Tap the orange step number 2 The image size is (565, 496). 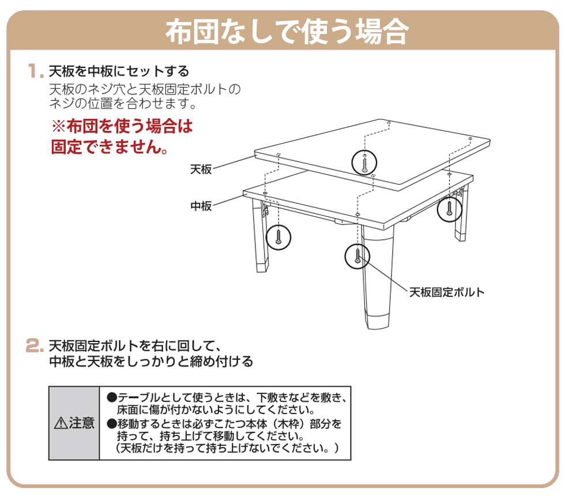[x=36, y=347]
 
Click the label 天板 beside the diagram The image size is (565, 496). [x=201, y=170]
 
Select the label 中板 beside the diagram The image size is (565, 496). [x=201, y=206]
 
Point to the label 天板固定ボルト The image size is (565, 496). [x=447, y=292]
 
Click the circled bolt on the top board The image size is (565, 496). [x=364, y=162]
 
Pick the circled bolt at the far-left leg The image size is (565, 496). [x=278, y=236]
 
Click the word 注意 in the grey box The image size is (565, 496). [x=81, y=423]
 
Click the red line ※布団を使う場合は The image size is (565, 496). [x=122, y=126]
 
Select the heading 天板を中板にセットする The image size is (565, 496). [x=119, y=72]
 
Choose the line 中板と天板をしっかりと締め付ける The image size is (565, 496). [x=150, y=362]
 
